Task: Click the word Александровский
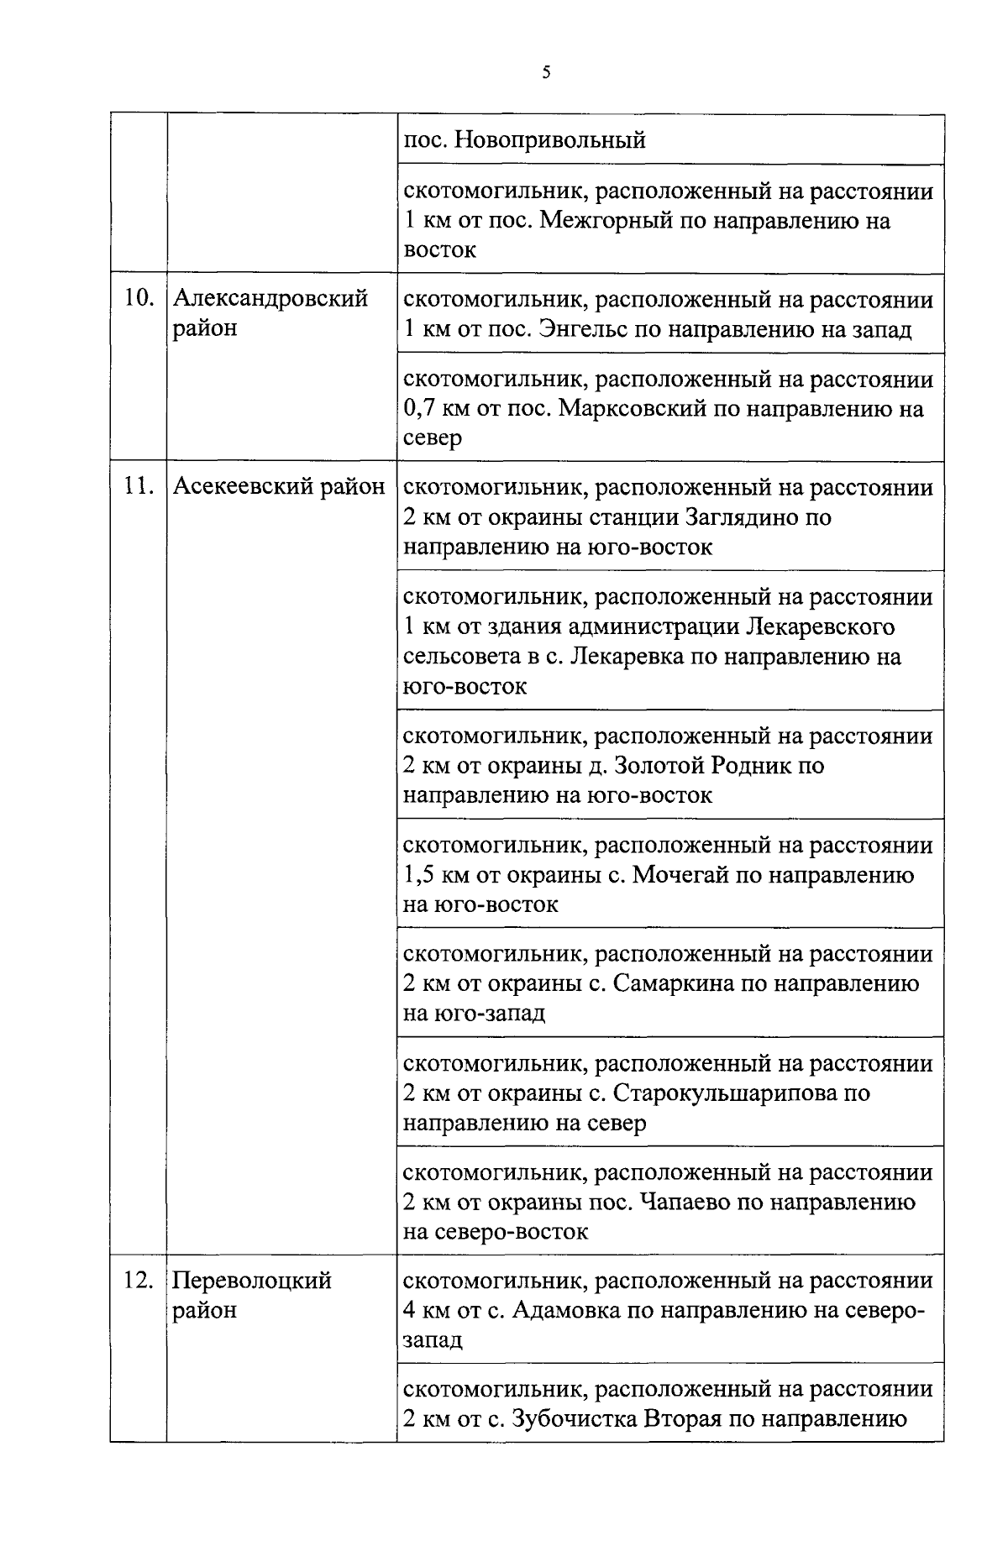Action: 270,298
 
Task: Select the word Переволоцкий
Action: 252,1280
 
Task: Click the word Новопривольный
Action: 549,139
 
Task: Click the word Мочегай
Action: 680,875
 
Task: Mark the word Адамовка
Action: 564,1310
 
